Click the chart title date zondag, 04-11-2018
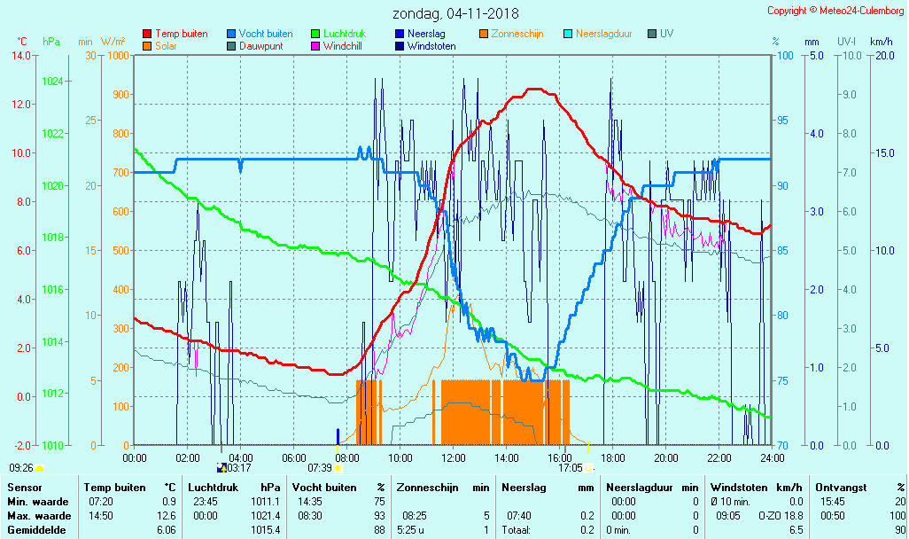(x=456, y=13)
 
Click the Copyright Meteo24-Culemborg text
(x=835, y=11)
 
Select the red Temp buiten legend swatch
(x=147, y=34)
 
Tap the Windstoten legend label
(x=431, y=46)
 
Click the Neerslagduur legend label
(x=604, y=34)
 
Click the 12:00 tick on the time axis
(x=453, y=457)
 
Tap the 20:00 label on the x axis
(x=665, y=457)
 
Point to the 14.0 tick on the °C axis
(x=20, y=56)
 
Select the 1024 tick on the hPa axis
(x=52, y=82)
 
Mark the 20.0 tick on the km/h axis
(x=882, y=56)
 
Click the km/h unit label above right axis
(x=881, y=42)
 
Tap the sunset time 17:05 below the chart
(x=570, y=468)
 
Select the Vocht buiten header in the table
(x=324, y=487)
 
